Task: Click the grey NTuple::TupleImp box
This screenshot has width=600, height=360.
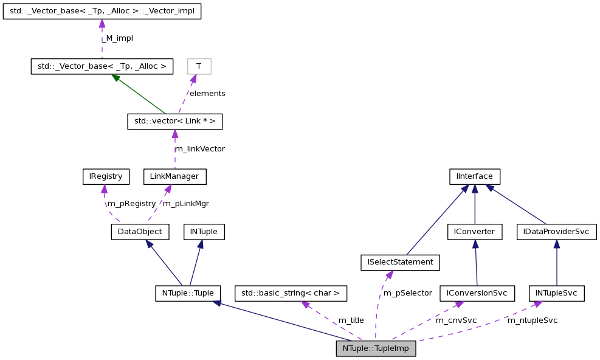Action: [x=376, y=348]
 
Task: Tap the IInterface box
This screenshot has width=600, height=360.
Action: [x=474, y=177]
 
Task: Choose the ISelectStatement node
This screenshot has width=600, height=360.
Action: [x=400, y=262]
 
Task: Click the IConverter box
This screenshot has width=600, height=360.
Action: [x=474, y=232]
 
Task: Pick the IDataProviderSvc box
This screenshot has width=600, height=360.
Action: [x=556, y=232]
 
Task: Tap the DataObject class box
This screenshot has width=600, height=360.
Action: [x=139, y=232]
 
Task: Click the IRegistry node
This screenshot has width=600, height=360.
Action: [x=106, y=177]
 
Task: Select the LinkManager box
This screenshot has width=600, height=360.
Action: [x=174, y=177]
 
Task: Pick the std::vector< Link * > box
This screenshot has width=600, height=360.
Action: [x=174, y=122]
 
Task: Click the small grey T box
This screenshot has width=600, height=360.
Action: [x=199, y=66]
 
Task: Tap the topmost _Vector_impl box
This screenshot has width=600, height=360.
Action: [x=102, y=11]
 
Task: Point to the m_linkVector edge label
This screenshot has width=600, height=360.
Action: [x=199, y=149]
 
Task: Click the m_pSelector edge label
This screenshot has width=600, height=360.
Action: [x=407, y=293]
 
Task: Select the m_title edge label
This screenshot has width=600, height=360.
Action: [x=351, y=320]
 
